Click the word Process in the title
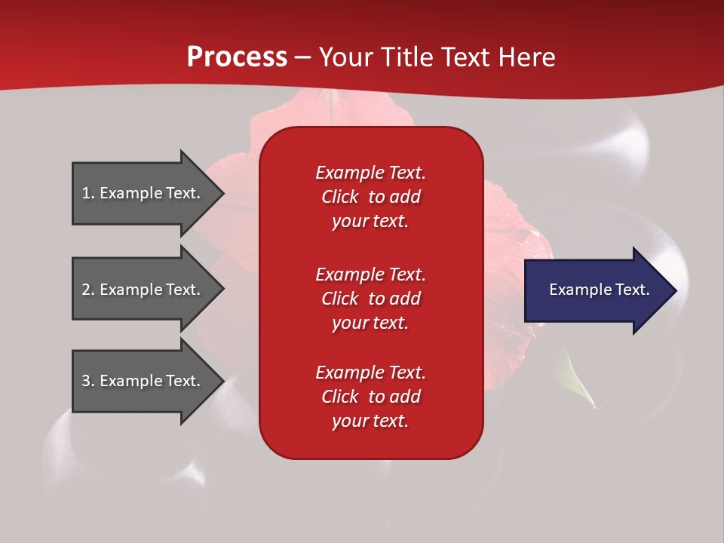tap(237, 57)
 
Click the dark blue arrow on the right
tap(596, 290)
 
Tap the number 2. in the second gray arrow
tap(88, 290)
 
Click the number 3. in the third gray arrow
tap(88, 381)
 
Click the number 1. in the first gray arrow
tap(87, 193)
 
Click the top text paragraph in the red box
tap(370, 197)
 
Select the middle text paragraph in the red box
tap(370, 299)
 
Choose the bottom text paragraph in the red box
tap(370, 397)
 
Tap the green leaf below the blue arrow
tap(576, 385)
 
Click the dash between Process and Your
tap(303, 57)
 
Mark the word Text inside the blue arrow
tap(633, 290)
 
